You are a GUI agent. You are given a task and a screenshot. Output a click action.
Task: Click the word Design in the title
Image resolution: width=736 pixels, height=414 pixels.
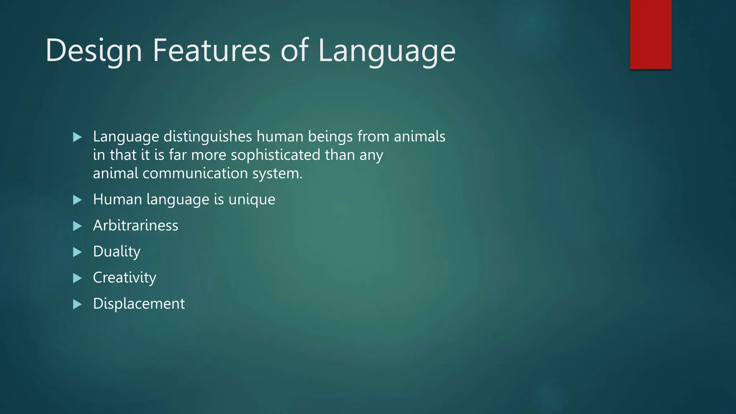(x=93, y=51)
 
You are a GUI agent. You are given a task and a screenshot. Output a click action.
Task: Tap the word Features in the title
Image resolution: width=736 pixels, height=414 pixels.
(x=211, y=51)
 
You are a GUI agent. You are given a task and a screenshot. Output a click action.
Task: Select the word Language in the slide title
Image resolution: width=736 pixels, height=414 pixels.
(x=387, y=51)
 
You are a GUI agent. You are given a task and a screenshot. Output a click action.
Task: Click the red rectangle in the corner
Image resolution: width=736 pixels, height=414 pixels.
(x=650, y=34)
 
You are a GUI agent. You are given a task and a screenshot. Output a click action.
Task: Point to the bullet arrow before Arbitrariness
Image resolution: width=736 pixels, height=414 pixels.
(x=77, y=226)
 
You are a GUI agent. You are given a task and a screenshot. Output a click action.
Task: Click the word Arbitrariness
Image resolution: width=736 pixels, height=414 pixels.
(x=135, y=226)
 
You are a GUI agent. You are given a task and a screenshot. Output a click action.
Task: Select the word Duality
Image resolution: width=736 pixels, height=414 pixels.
(x=116, y=252)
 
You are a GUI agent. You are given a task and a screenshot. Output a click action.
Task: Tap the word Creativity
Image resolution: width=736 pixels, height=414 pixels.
(x=124, y=278)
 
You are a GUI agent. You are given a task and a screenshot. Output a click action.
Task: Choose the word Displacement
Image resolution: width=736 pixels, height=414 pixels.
(x=139, y=304)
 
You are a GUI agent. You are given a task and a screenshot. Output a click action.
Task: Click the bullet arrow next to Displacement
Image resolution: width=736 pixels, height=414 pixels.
(x=77, y=305)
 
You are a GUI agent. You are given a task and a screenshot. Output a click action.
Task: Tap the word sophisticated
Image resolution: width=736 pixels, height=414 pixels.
(x=275, y=155)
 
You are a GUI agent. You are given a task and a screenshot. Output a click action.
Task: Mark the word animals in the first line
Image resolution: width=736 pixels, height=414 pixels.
(x=419, y=137)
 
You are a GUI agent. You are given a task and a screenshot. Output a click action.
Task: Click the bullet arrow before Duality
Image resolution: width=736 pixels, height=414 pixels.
(x=77, y=252)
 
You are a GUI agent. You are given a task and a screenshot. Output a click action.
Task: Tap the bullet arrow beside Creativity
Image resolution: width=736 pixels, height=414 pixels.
(x=77, y=278)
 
